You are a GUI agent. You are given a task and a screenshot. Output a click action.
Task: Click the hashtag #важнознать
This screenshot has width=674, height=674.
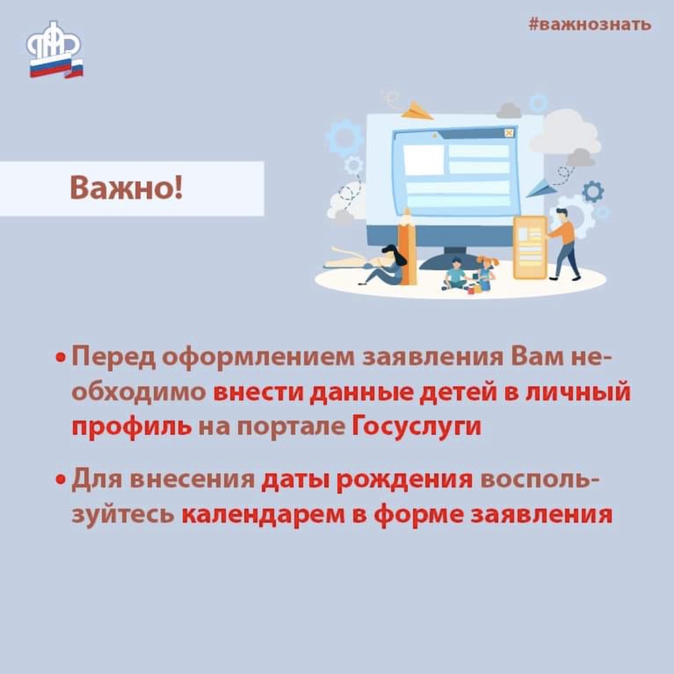pos(590,24)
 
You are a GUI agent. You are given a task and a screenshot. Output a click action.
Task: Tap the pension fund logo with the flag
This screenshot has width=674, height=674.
pos(55,50)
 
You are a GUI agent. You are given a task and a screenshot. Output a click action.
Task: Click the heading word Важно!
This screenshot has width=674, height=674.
pos(126,188)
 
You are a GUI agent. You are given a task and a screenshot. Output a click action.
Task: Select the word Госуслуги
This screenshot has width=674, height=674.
pos(416,427)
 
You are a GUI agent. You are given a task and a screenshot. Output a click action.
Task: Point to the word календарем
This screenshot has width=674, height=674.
pos(263,515)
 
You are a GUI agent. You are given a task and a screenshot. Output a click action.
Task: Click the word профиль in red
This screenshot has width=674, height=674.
pos(132,427)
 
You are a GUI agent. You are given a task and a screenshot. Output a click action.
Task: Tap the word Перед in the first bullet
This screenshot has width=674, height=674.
pos(114,357)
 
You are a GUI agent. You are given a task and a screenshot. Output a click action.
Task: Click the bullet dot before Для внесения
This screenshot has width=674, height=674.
pos(61,479)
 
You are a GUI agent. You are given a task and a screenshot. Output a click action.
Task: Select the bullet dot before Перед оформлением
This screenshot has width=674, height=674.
pos(61,357)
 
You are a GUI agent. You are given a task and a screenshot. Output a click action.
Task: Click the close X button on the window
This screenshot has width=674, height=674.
pos(509,133)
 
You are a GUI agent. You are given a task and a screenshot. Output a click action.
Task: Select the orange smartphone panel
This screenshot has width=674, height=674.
pos(530,247)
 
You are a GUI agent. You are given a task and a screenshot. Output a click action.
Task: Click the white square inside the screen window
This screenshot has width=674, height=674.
pos(424,159)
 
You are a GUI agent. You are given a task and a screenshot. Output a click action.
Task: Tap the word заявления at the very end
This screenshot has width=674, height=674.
pos(541,515)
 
